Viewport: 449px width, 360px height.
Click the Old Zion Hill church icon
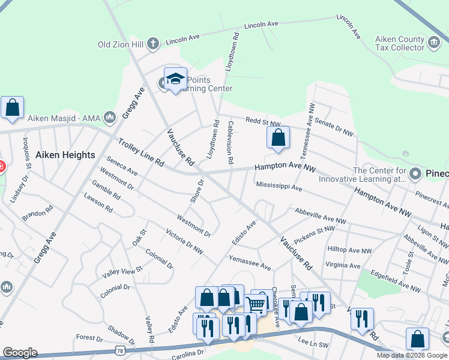153,43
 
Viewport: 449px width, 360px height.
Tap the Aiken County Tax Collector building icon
434,43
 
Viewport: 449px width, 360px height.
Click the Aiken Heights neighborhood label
65,155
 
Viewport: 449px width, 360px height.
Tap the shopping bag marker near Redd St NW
279,138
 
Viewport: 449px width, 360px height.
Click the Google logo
20,353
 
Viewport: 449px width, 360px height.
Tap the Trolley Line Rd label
140,152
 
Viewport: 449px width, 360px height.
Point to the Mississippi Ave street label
279,187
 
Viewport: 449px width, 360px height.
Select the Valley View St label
122,271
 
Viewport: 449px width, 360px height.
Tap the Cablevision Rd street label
230,142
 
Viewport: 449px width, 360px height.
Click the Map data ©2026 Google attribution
411,355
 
